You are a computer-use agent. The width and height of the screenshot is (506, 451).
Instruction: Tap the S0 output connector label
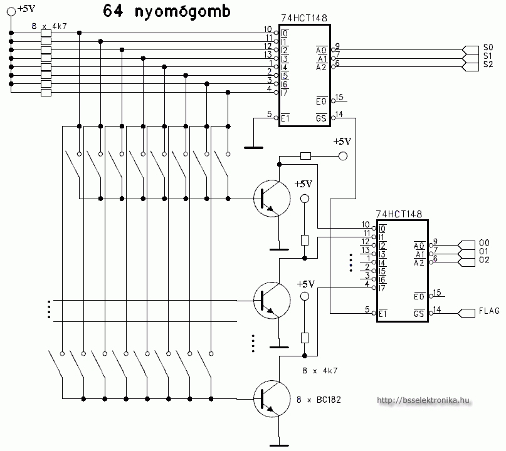488,47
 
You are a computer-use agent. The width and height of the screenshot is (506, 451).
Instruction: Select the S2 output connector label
488,65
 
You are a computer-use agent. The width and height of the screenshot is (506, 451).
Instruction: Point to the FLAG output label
490,311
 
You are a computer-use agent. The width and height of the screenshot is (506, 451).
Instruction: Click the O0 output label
484,242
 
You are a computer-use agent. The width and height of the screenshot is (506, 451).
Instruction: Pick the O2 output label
484,259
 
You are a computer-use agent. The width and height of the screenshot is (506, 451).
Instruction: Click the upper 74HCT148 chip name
303,19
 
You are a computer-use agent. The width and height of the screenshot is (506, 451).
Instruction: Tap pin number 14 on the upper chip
339,114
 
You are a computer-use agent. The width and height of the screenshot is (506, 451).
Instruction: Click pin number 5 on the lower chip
366,309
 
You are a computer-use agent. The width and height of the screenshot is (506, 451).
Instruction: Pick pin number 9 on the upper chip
337,46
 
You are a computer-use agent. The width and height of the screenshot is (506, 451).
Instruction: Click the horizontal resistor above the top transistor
305,155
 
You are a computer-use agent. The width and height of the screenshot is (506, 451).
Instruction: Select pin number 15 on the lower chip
436,293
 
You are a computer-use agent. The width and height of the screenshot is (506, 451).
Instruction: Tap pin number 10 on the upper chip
268,29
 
